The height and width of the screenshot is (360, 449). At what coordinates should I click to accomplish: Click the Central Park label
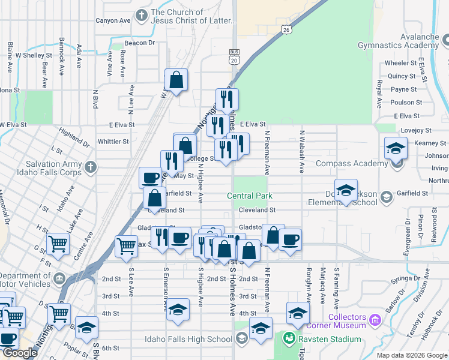coord(250,196)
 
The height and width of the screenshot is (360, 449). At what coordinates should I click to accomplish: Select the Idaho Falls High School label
coord(188,339)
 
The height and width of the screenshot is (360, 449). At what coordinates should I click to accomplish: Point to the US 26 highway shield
coord(286,29)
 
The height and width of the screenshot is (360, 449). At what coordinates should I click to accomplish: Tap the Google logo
coord(20,353)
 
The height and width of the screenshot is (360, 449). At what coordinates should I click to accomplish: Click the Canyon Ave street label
coord(113,20)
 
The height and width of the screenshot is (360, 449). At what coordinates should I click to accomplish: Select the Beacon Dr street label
coord(139,43)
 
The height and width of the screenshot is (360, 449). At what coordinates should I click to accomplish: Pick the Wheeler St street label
coord(401,63)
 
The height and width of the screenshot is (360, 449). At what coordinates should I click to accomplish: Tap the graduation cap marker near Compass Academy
coord(396,148)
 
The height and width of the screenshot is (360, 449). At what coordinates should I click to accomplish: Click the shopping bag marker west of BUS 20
coord(176,80)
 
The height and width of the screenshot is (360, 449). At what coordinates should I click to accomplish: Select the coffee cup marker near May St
coord(150,178)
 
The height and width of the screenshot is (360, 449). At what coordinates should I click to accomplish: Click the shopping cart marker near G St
coord(58,244)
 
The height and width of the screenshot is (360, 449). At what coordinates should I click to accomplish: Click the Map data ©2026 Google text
coord(412,355)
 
